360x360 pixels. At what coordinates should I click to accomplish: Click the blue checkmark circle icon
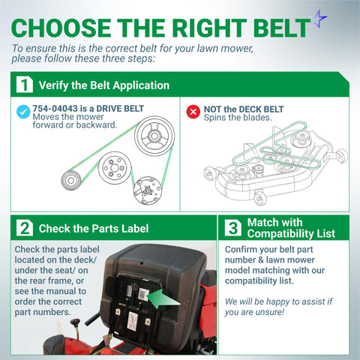(x=23, y=112)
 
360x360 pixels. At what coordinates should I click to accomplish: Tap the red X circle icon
(x=193, y=112)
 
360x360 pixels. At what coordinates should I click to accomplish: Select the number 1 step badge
(x=25, y=85)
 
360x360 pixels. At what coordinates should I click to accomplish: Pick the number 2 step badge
(x=25, y=228)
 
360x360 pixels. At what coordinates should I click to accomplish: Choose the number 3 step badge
(x=233, y=228)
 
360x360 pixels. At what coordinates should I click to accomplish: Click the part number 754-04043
(x=55, y=109)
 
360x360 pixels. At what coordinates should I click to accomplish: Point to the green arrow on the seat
(x=163, y=298)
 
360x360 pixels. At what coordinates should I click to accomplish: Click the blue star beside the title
(x=319, y=19)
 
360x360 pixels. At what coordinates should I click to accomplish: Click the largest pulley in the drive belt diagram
(x=154, y=136)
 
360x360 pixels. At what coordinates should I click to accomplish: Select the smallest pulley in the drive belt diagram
(x=71, y=180)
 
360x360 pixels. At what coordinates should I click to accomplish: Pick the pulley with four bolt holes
(x=115, y=168)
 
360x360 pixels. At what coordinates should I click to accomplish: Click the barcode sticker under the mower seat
(x=143, y=294)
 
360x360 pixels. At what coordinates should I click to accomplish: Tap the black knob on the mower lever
(x=75, y=322)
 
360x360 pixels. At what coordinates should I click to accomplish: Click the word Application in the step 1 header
(x=141, y=85)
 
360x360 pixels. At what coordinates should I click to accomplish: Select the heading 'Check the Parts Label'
(x=94, y=229)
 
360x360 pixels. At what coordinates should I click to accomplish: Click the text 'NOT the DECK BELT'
(x=244, y=109)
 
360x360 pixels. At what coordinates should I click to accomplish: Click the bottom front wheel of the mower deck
(x=259, y=198)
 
